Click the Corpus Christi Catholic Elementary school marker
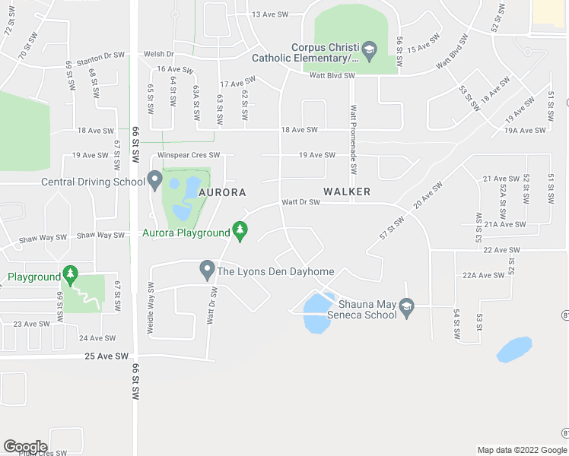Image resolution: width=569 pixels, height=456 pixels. tap(370, 51)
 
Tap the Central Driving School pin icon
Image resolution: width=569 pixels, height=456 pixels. tap(155, 181)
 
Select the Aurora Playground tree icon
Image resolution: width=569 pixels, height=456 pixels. tap(240, 230)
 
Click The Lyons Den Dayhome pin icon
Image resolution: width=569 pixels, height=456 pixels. tap(206, 269)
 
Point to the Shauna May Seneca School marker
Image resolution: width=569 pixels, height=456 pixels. tap(406, 306)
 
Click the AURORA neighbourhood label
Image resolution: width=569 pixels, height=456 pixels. tap(222, 193)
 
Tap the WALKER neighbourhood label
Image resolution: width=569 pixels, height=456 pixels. tap(346, 192)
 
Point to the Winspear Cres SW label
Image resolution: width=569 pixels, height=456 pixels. tap(189, 155)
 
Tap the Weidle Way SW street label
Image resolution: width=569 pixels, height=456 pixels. tap(151, 309)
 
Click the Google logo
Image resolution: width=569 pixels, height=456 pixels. tap(25, 447)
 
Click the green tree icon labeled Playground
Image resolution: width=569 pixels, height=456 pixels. tap(70, 274)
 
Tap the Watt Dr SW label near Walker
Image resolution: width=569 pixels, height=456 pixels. tap(300, 202)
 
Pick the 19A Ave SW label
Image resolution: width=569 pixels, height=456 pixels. tap(525, 130)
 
